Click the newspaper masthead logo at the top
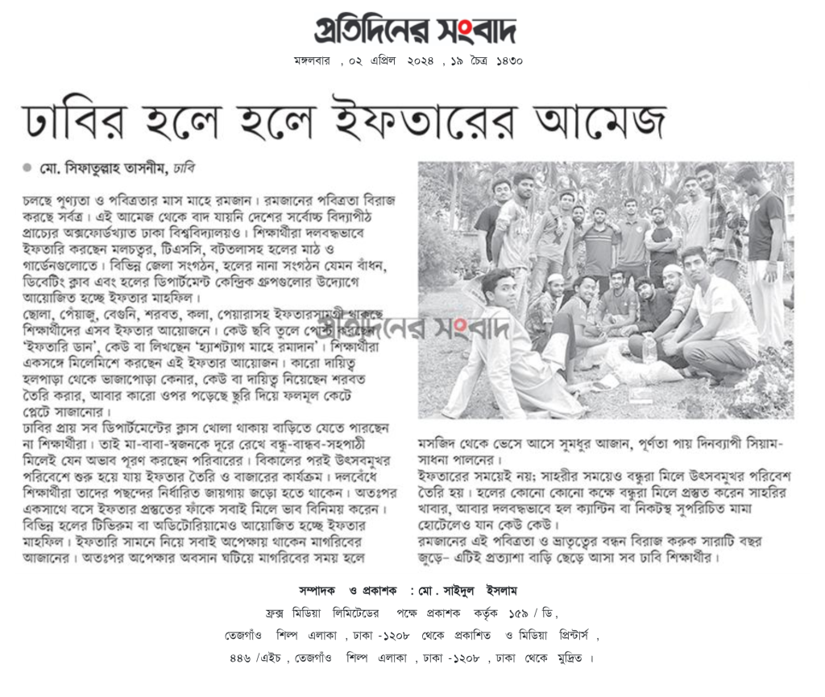click(x=414, y=30)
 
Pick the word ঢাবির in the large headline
click(x=79, y=121)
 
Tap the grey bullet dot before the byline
click(x=27, y=168)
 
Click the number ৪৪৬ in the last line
click(x=242, y=658)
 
